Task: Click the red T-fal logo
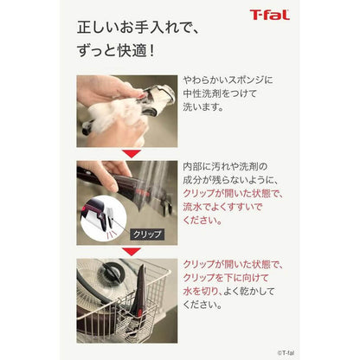[x=270, y=15]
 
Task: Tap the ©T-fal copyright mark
[x=286, y=352]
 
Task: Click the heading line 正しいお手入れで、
[x=138, y=28]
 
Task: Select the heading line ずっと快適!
[x=116, y=51]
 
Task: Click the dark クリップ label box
[x=147, y=235]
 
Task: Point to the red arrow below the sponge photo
[x=132, y=154]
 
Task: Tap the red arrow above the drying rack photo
[x=132, y=252]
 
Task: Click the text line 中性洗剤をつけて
[x=220, y=93]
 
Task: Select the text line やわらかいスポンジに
[x=228, y=80]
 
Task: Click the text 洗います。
[x=203, y=107]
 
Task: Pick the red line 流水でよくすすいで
[x=222, y=207]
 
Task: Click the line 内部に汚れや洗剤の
[x=225, y=166]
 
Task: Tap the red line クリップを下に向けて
[x=226, y=278]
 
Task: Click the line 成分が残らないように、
[x=231, y=180]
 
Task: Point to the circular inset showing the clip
[x=103, y=218]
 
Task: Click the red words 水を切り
[x=201, y=292]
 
